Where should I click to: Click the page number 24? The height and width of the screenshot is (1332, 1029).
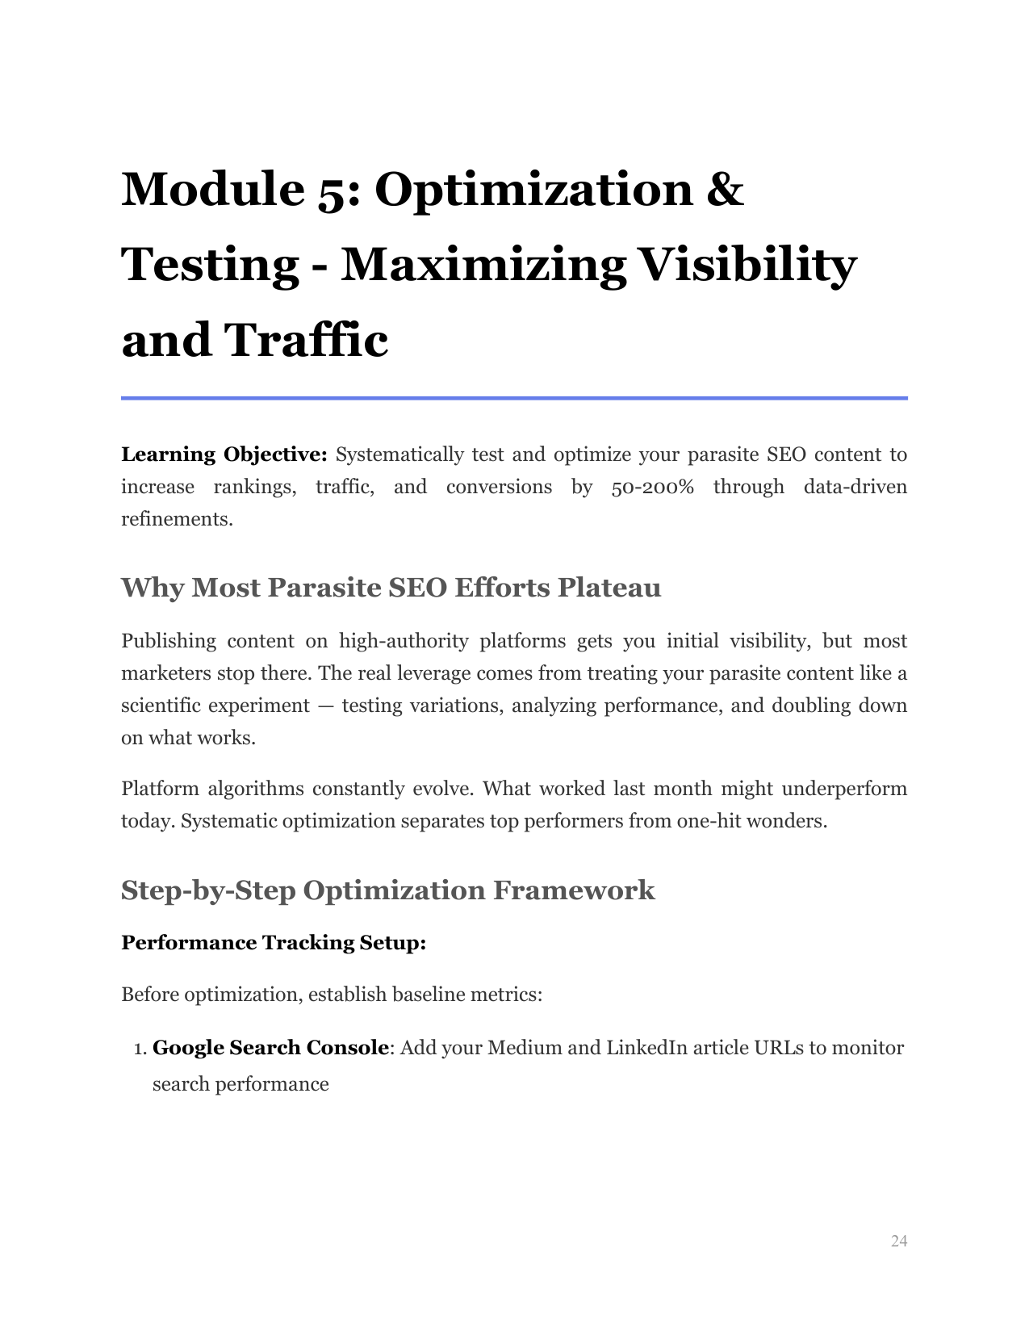coord(899,1241)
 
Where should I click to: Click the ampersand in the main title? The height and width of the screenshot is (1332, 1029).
coord(725,189)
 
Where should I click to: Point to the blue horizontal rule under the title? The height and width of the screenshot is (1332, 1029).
coord(514,398)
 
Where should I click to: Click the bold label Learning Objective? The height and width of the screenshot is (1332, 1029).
coord(224,454)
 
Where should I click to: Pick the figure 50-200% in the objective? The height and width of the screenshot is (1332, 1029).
coord(652,487)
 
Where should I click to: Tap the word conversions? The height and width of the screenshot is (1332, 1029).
coord(499,487)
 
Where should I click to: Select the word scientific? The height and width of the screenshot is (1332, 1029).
coord(161,706)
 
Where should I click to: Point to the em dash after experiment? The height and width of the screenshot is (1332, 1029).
coord(325,706)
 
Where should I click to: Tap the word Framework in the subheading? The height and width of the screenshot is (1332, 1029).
coord(574,890)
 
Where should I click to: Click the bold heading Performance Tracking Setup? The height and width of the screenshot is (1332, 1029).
coord(274,943)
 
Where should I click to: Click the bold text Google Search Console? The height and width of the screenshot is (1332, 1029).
coord(270,1048)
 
